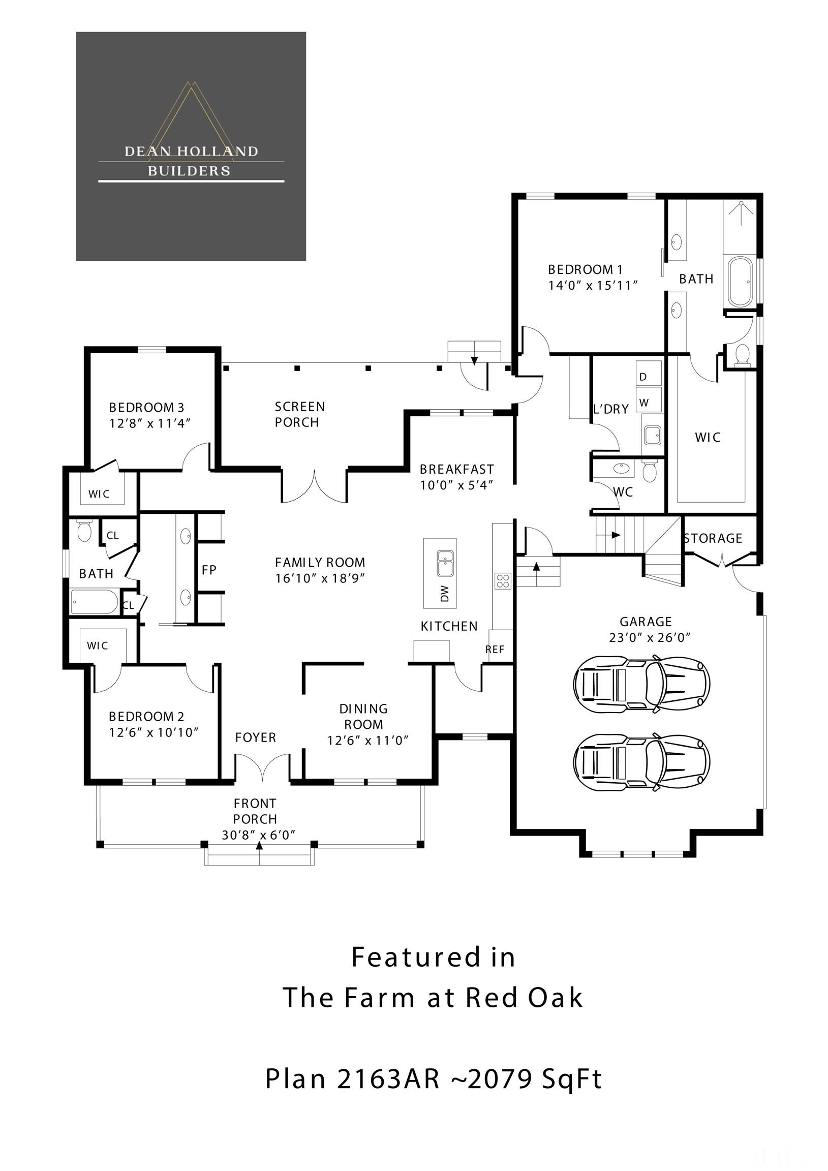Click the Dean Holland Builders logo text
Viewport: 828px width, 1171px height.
(191, 161)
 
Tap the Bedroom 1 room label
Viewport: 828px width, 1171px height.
(585, 269)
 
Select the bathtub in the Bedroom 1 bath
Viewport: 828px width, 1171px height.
(740, 282)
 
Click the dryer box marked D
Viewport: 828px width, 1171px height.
(649, 374)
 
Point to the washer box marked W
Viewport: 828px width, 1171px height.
(649, 399)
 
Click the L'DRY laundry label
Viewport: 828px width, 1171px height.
(610, 409)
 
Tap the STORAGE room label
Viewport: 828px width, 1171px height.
(713, 539)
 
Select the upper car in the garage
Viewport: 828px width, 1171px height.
(641, 684)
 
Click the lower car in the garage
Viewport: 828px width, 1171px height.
(641, 761)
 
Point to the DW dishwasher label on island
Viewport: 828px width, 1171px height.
(444, 593)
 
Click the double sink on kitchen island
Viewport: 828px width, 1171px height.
(445, 563)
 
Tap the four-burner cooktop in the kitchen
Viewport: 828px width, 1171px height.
(503, 580)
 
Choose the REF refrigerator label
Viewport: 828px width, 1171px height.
(495, 649)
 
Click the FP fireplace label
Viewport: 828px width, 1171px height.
(209, 570)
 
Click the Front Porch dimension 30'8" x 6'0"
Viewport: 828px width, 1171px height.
(258, 835)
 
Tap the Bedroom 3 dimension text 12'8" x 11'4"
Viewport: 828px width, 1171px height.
(149, 423)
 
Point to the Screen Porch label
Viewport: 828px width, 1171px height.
(299, 414)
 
